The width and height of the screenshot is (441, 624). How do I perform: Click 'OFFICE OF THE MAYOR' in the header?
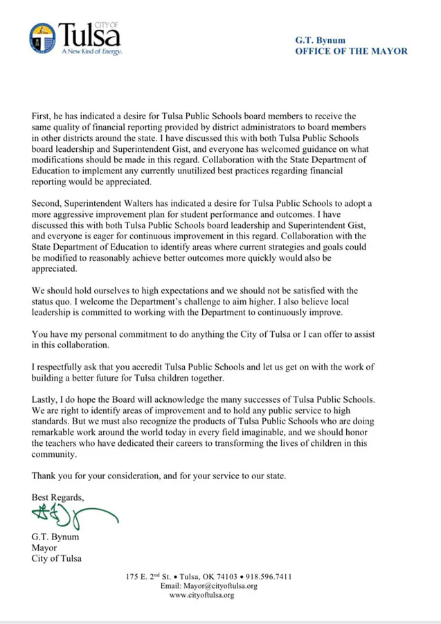[351, 51]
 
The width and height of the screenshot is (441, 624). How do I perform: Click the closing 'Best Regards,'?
[59, 497]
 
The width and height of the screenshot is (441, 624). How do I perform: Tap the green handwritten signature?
[69, 515]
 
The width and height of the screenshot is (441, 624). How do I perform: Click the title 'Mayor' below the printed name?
[44, 547]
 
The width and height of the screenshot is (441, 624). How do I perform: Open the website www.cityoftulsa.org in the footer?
[201, 595]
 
